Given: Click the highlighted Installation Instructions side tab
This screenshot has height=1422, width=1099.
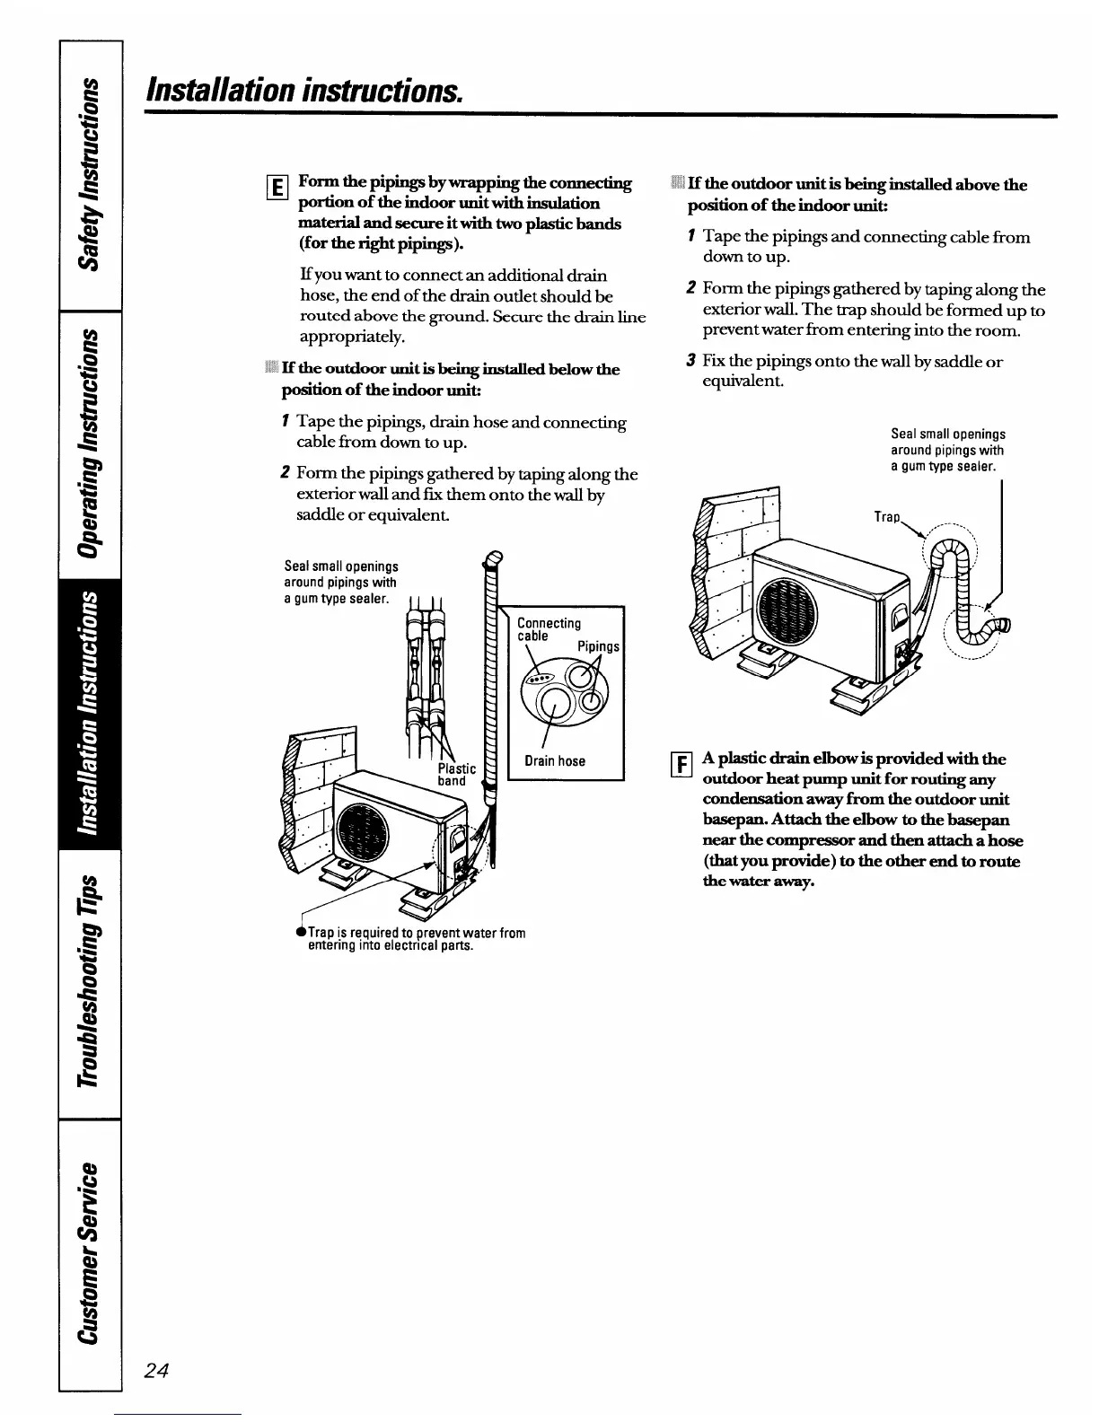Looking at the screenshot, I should tap(91, 714).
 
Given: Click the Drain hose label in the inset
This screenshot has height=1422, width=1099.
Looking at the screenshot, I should tap(554, 761).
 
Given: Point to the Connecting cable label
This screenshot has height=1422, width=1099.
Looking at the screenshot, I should tap(549, 629).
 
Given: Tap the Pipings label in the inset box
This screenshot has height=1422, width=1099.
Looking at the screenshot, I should tap(598, 646).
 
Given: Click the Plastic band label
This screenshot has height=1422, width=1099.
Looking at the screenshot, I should tap(456, 775).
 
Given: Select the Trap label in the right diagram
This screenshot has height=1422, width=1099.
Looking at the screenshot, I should tap(886, 518).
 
